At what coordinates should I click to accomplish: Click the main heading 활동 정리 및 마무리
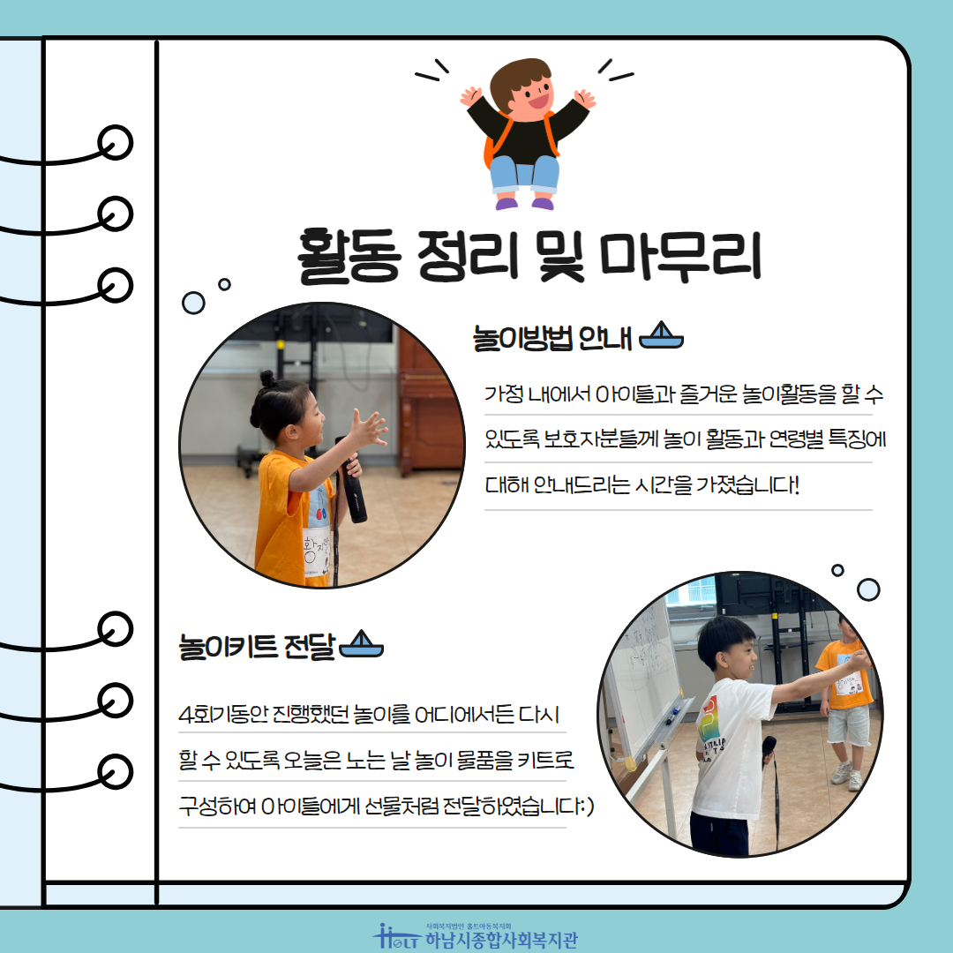coord(529,257)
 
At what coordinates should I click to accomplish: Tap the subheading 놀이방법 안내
coord(552,338)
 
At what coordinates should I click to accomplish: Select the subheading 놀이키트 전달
coord(257,646)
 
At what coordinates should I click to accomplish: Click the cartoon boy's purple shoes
coord(524,203)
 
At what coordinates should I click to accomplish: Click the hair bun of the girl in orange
coord(268,378)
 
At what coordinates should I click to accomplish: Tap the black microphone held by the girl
coord(352,480)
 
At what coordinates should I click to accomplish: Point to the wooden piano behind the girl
coord(430,401)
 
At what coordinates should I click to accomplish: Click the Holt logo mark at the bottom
coord(395,936)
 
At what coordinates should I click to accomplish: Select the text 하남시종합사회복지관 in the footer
coord(501,941)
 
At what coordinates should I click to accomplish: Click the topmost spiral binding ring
coord(115,143)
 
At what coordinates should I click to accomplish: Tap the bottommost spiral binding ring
coord(115,771)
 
